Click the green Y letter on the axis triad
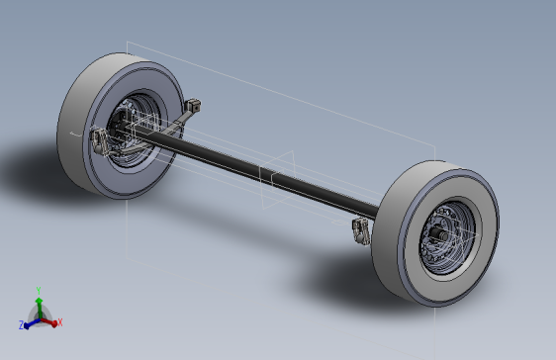tap(39, 291)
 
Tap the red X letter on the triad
tap(60, 322)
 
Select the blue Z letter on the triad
tap(21, 325)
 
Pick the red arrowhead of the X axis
tap(53, 323)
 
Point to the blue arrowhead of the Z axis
tap(27, 325)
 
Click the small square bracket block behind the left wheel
tap(193, 105)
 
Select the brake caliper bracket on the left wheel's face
tap(99, 141)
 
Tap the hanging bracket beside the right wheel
tap(361, 230)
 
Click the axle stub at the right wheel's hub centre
tap(436, 233)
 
